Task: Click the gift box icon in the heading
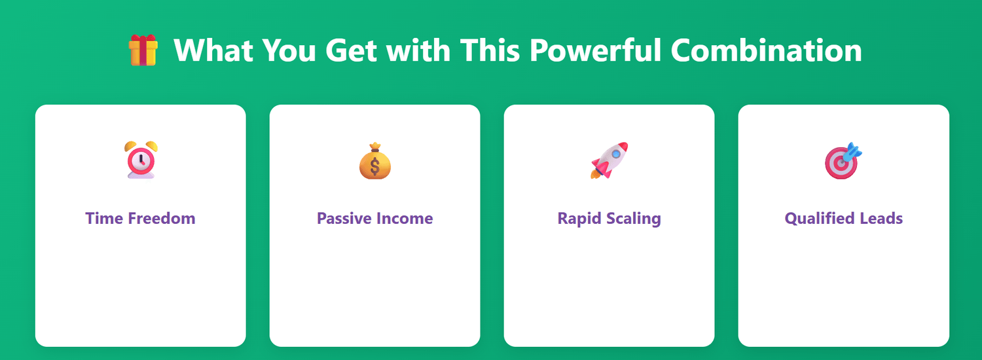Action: coord(143,50)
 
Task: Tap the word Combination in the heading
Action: coord(767,50)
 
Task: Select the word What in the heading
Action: coord(213,50)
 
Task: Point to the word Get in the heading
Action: coord(351,50)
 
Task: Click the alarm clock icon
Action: coord(141,160)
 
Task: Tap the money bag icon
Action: coord(375,161)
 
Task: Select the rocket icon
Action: coord(609,160)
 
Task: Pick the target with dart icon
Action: coord(843,160)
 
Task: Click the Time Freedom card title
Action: coord(140,219)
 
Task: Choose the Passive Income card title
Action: coord(375,219)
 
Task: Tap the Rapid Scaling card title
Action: coord(609,219)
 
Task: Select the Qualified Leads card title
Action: coord(843,219)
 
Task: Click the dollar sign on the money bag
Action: coord(375,167)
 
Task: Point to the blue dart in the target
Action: coord(852,152)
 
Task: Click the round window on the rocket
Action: coord(616,153)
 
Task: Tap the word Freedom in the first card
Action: coord(161,219)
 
